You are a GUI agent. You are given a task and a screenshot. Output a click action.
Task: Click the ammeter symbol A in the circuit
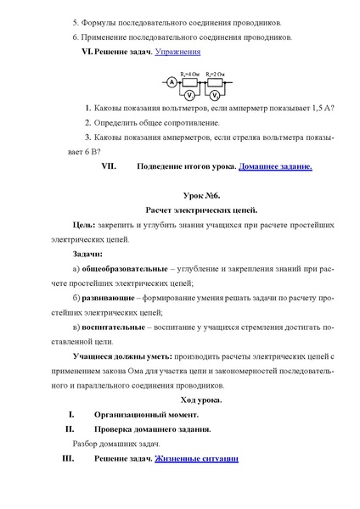pyautogui.click(x=172, y=81)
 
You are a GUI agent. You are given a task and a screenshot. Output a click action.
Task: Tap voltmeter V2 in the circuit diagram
pyautogui.click(x=216, y=93)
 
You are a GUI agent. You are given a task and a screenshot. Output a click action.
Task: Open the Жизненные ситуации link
pyautogui.click(x=196, y=458)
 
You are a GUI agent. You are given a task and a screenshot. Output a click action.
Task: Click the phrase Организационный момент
pyautogui.click(x=146, y=414)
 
